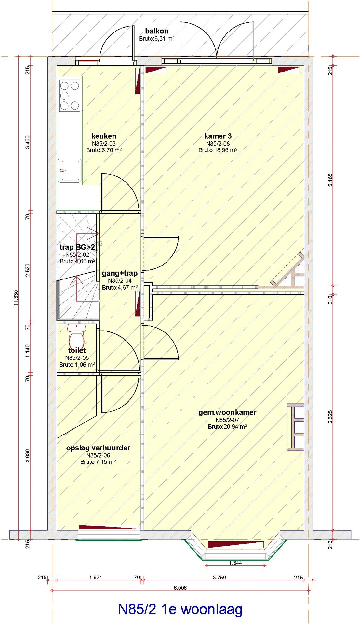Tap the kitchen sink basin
(x=70, y=170)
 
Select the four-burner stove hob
(x=70, y=96)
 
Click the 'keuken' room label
(x=104, y=136)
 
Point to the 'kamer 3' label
(x=218, y=136)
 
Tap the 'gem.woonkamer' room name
(x=227, y=412)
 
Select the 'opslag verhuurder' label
(x=98, y=448)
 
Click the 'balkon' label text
(x=157, y=31)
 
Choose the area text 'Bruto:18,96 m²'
(x=218, y=150)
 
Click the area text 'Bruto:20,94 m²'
(x=227, y=427)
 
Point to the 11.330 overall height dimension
(x=16, y=298)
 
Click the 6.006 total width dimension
(x=180, y=588)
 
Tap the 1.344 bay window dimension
(x=235, y=563)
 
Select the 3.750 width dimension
(x=219, y=578)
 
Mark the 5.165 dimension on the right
(x=330, y=180)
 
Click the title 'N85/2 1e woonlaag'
(x=180, y=609)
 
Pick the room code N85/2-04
(x=120, y=280)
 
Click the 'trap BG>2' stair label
(x=77, y=247)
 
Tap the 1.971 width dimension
(x=96, y=578)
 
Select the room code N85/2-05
(x=77, y=358)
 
